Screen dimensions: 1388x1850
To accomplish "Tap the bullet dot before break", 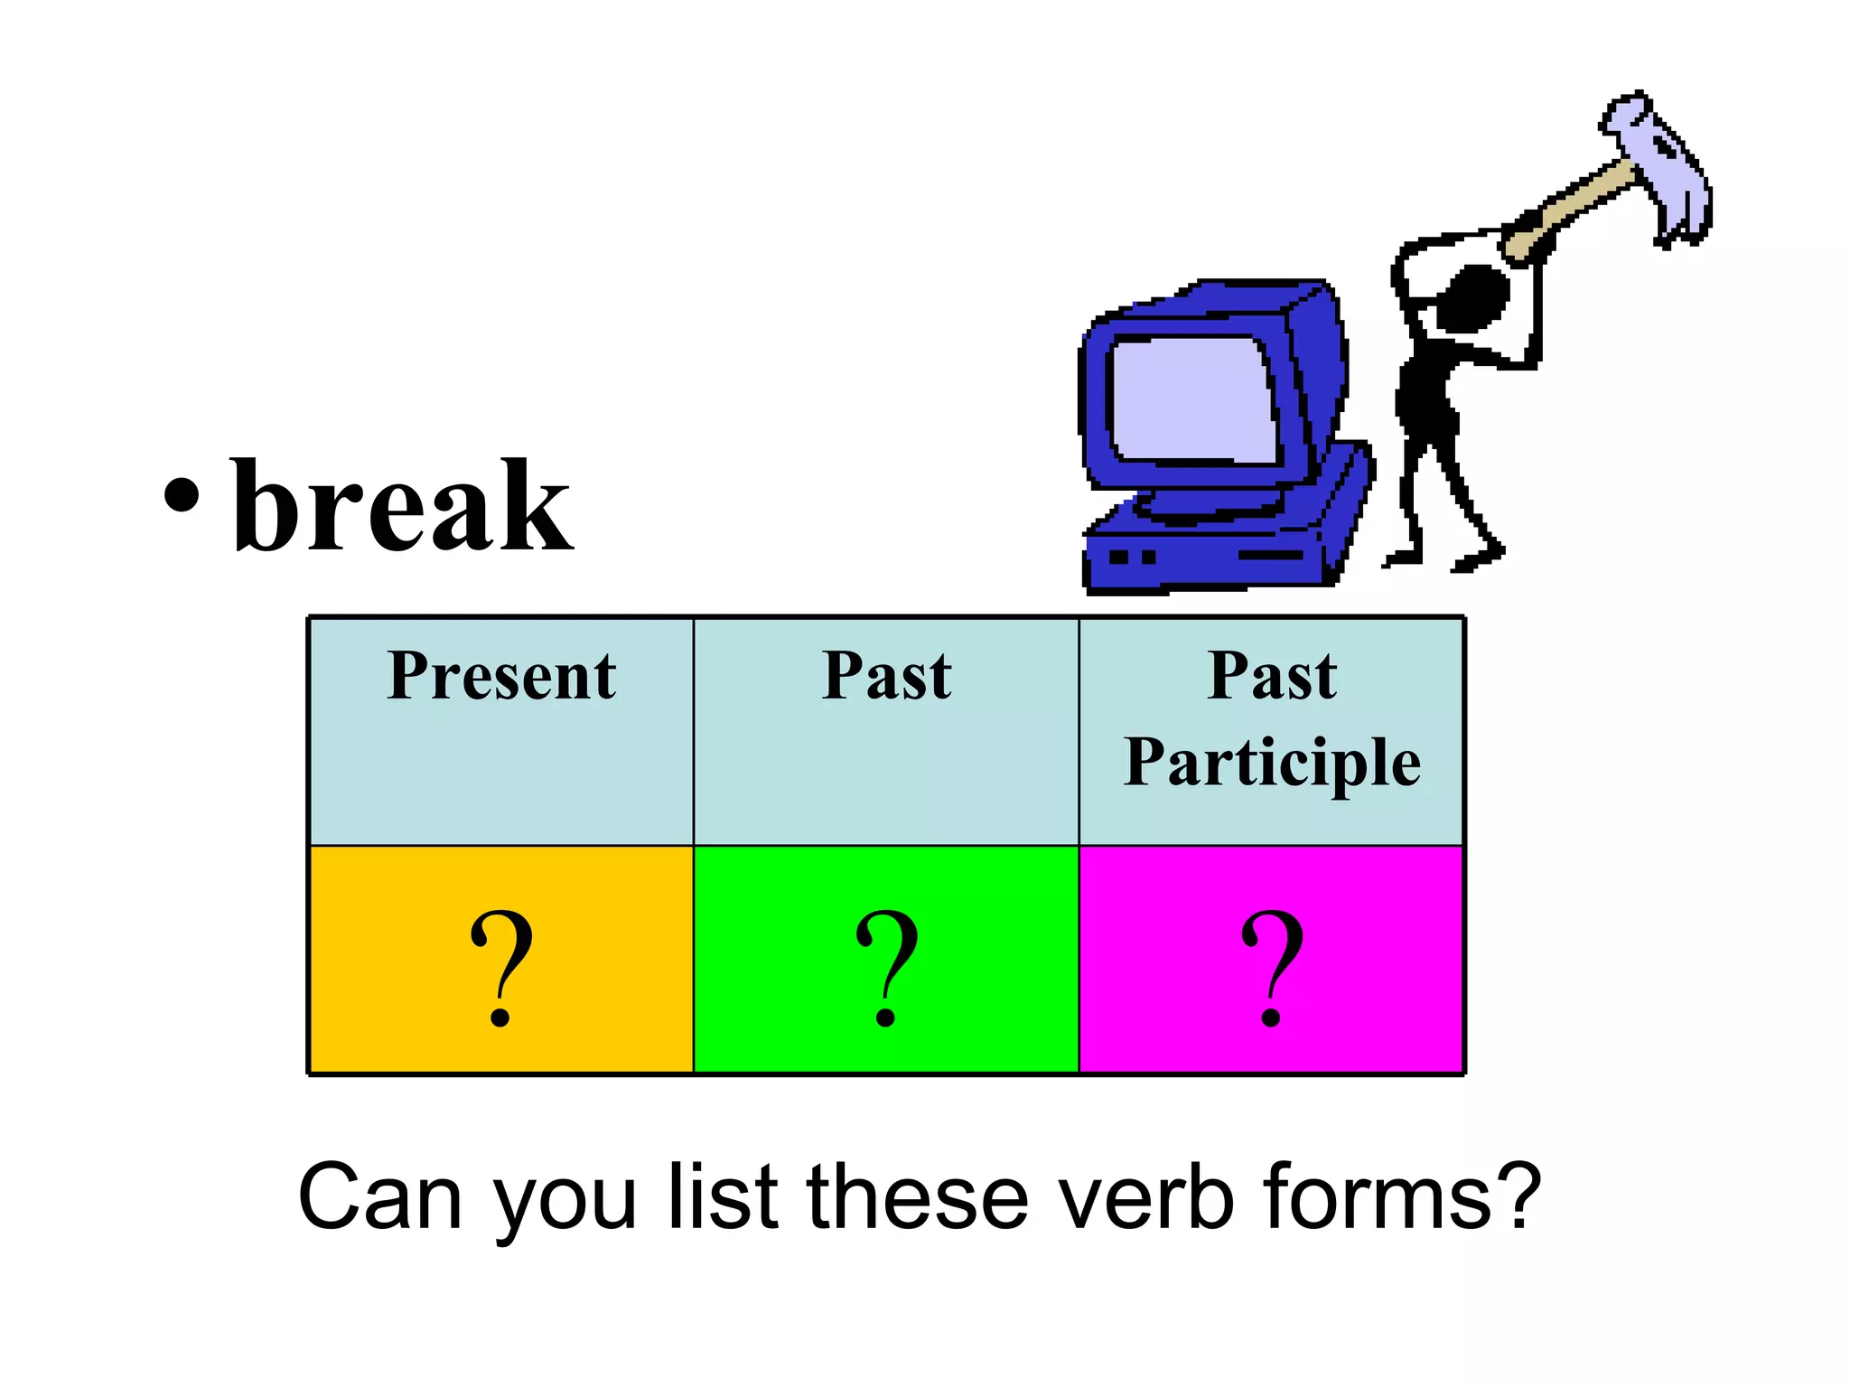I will (x=182, y=495).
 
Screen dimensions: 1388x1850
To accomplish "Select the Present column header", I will (x=501, y=676).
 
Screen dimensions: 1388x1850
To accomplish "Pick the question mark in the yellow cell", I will (x=501, y=967).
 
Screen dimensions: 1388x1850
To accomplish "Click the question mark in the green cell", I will (x=886, y=967).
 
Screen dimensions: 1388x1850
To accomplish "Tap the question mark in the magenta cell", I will (x=1272, y=967).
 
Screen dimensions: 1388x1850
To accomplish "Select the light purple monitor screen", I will (x=1192, y=398).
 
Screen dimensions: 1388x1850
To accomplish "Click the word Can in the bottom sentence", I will (x=379, y=1197).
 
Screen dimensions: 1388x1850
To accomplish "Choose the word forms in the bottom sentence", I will (x=1378, y=1197).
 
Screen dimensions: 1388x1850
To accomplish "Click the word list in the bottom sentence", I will (x=723, y=1197).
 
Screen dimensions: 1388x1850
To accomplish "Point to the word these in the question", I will (x=917, y=1197).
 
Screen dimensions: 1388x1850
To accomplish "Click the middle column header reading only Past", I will (x=886, y=676).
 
